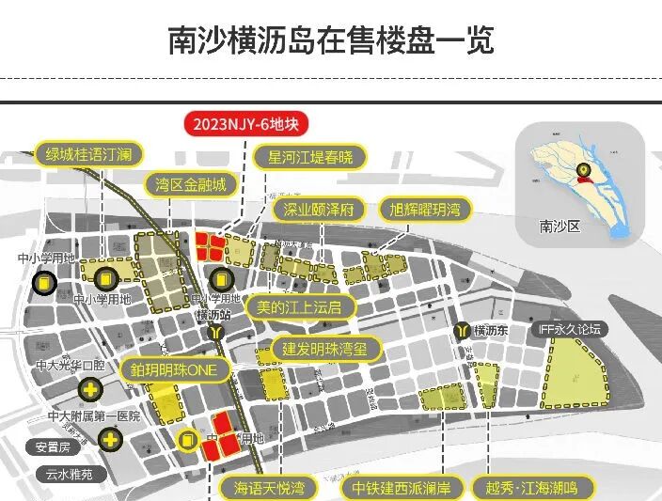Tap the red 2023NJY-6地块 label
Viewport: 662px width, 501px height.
pyautogui.click(x=244, y=124)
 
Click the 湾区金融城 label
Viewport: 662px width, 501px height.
pyautogui.click(x=191, y=184)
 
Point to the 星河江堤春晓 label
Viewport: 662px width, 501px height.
pyautogui.click(x=311, y=156)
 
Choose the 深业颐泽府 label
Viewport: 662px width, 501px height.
pyautogui.click(x=318, y=210)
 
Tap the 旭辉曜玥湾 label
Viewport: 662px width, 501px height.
pyautogui.click(x=425, y=210)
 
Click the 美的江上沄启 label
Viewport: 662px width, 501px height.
pyautogui.click(x=300, y=306)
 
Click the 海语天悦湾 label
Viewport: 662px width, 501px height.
pyautogui.click(x=269, y=488)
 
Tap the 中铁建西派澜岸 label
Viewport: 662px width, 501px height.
pyautogui.click(x=402, y=488)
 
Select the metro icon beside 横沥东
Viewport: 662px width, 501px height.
pyautogui.click(x=461, y=331)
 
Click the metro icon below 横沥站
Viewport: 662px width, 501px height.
pyautogui.click(x=218, y=332)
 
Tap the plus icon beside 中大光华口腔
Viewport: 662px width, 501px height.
pyautogui.click(x=91, y=388)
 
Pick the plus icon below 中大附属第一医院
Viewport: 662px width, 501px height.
pyautogui.click(x=112, y=439)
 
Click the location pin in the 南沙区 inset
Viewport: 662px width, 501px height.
pyautogui.click(x=584, y=171)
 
